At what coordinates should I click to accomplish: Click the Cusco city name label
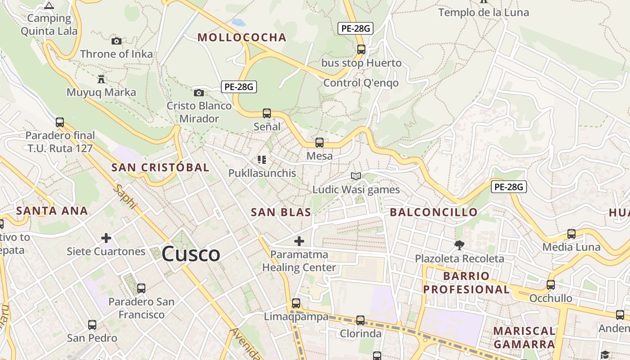coord(191,254)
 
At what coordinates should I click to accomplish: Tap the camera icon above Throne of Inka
coord(117,41)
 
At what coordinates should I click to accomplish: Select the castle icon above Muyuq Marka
coord(101,79)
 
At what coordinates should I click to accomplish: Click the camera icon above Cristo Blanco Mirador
coord(198,93)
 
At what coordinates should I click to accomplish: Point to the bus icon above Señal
coord(267,113)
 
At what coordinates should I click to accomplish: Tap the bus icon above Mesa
coord(319,143)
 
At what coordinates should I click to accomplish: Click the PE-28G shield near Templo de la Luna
coord(355,29)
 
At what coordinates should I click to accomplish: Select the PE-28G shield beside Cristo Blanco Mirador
coord(238,87)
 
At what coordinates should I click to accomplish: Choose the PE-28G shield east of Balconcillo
coord(508,187)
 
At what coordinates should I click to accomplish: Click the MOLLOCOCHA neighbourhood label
coord(242,37)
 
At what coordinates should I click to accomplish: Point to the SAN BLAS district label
coord(281,212)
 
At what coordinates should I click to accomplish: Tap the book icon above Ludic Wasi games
coord(356,176)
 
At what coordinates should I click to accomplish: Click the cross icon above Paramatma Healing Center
coord(299,241)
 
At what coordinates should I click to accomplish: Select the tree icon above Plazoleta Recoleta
coord(459,245)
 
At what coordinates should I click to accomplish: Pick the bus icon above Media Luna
coord(571,234)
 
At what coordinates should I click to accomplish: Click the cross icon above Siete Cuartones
coord(106,238)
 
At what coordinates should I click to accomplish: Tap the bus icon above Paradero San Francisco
coord(141,288)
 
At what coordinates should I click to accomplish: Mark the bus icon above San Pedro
coord(92,324)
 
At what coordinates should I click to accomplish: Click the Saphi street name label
coord(126,197)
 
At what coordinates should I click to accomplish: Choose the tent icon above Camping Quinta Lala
coord(49,5)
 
